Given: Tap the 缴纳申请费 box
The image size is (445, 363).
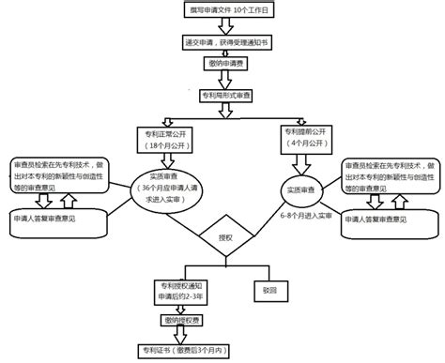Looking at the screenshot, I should (x=223, y=64).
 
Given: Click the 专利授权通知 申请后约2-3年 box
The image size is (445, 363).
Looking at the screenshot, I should (x=181, y=289).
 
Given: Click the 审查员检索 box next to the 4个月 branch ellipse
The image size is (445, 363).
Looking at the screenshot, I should (x=387, y=175).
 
